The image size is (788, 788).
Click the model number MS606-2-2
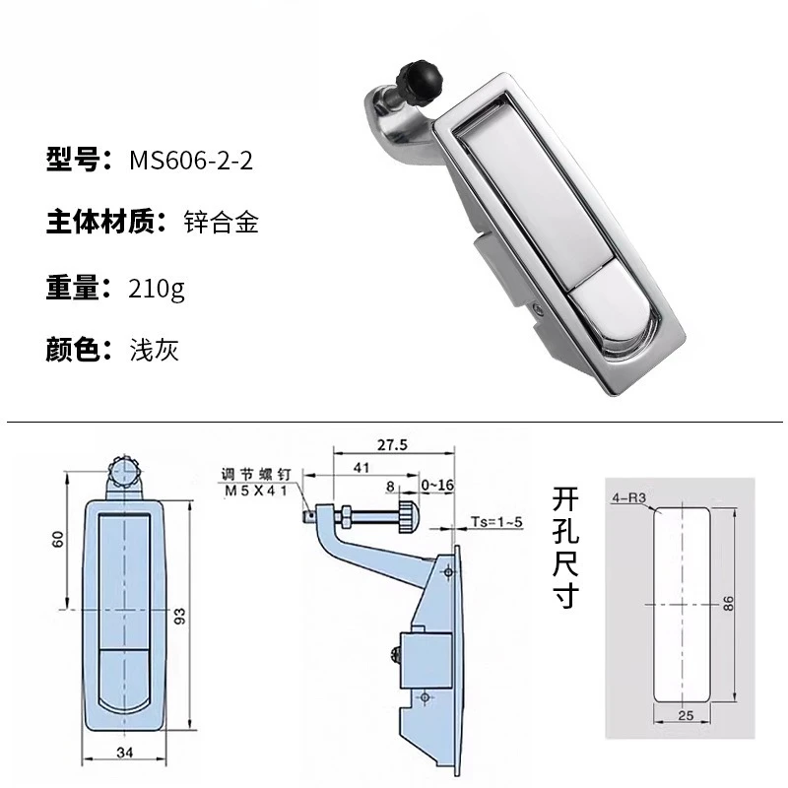[191, 161]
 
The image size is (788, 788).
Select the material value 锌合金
[221, 224]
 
